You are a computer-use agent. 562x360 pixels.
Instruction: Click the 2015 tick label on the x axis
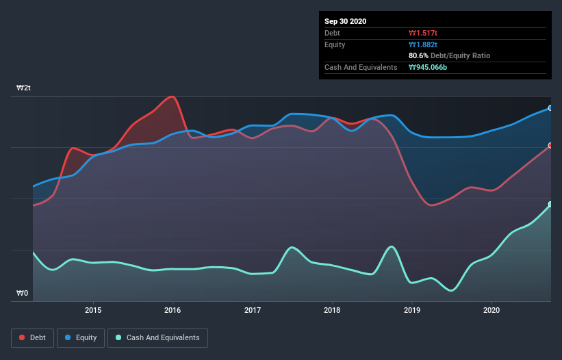(x=93, y=310)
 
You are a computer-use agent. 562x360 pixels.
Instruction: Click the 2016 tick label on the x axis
(x=173, y=310)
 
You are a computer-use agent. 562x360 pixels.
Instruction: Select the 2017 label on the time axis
(x=253, y=310)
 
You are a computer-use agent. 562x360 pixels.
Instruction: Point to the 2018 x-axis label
(x=332, y=310)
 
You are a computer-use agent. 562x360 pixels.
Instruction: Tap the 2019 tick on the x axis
(x=412, y=310)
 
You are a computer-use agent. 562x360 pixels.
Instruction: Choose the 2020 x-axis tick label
(x=491, y=310)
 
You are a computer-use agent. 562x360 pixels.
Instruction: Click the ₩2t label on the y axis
(x=24, y=88)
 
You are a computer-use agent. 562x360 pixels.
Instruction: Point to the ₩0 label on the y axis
(x=23, y=294)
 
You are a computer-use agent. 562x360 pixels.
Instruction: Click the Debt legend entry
(x=32, y=337)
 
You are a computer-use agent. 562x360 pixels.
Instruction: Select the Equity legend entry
(x=80, y=337)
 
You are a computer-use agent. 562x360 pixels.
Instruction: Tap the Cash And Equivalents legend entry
(x=157, y=337)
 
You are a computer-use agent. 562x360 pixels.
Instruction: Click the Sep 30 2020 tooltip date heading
(x=345, y=21)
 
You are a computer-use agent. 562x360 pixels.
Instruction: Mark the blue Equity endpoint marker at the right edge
(x=550, y=108)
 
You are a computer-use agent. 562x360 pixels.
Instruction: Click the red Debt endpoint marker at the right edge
(x=550, y=145)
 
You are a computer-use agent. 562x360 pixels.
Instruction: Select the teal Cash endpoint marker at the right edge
(x=550, y=204)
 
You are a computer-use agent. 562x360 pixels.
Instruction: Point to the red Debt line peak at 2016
(x=173, y=97)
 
